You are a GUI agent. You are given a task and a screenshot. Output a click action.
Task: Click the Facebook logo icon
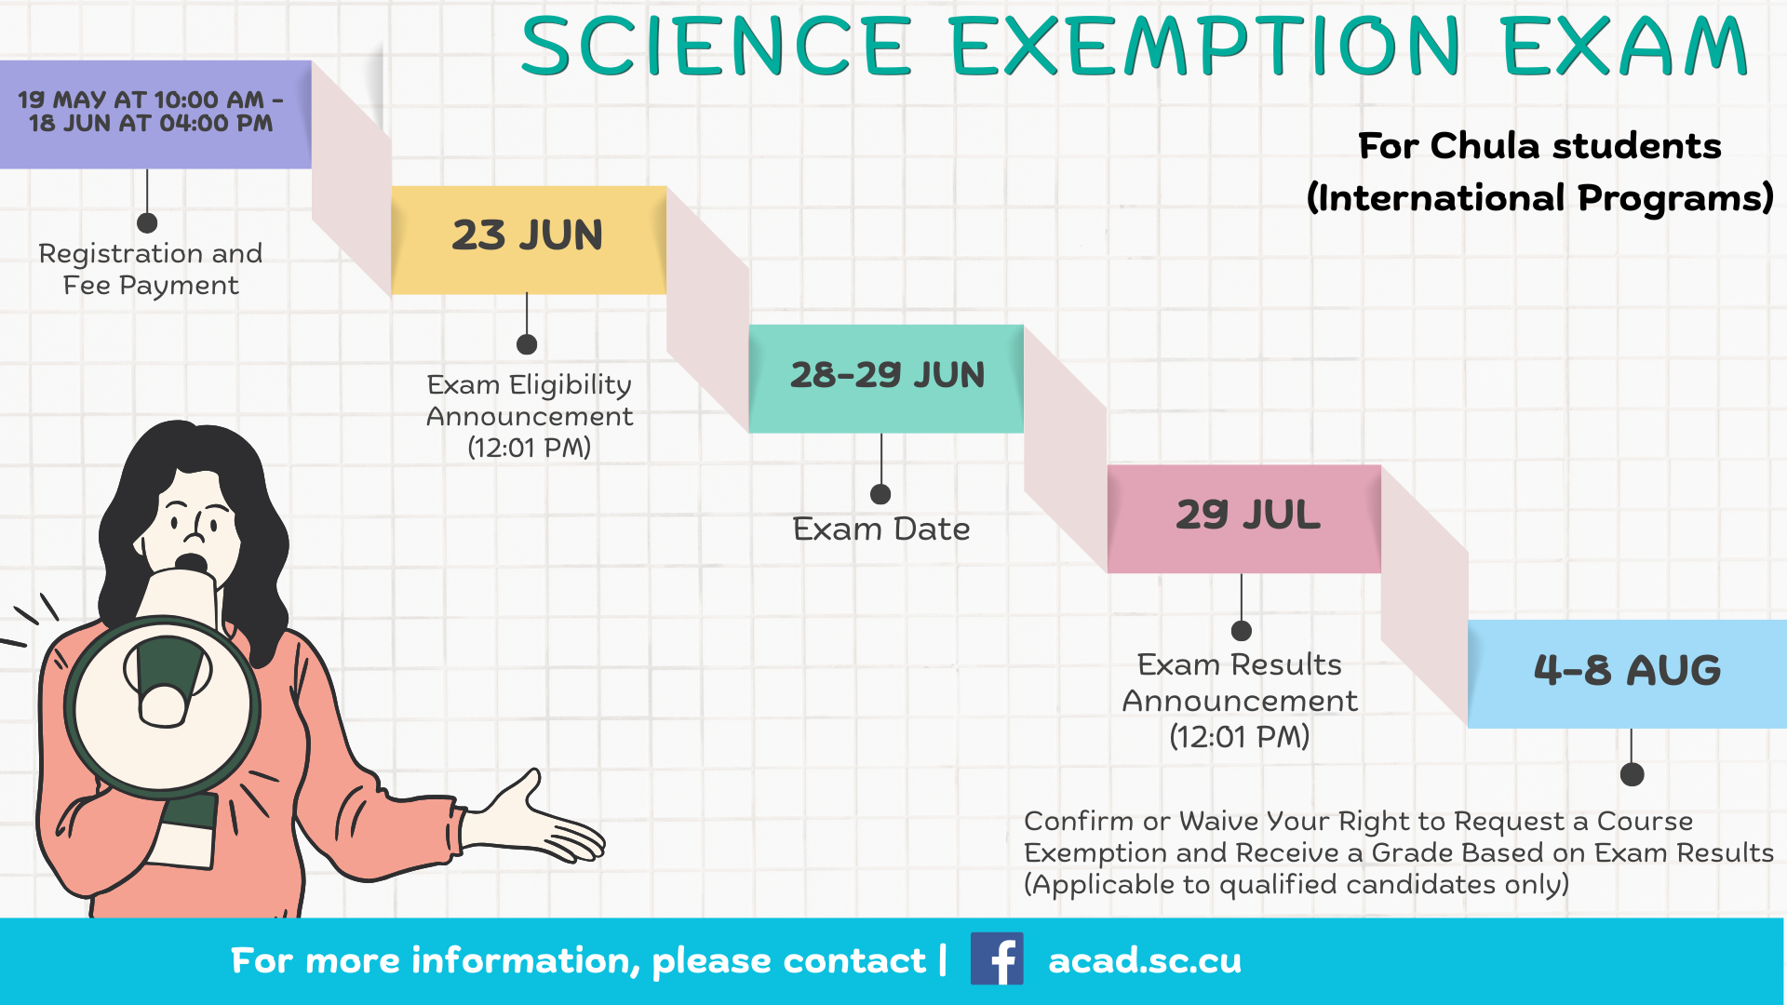(x=997, y=958)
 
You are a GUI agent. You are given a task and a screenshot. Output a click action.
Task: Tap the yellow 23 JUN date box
(x=529, y=240)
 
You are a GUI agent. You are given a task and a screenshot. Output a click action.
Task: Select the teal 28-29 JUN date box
(x=886, y=379)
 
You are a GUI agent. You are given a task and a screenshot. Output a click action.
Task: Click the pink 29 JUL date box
(x=1244, y=518)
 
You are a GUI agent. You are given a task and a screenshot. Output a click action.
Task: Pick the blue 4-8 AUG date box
(x=1627, y=674)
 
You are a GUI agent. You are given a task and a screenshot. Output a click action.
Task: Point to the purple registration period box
(x=155, y=114)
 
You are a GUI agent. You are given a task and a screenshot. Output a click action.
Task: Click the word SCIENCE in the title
(x=716, y=46)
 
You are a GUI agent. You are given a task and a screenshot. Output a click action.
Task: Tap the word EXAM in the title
(x=1625, y=46)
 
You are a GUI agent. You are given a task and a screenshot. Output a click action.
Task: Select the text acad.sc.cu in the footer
(x=1145, y=960)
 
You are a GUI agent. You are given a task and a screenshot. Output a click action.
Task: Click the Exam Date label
(x=881, y=529)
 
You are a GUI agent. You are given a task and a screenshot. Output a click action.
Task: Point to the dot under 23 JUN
(x=527, y=344)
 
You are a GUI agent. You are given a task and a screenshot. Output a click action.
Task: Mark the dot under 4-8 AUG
(x=1632, y=774)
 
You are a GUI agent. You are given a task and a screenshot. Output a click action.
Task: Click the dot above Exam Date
(x=880, y=494)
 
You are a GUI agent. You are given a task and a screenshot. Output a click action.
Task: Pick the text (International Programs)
(x=1540, y=198)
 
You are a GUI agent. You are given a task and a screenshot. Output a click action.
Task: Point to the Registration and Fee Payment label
(x=151, y=269)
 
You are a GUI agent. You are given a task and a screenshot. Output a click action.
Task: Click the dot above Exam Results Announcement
(x=1242, y=631)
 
